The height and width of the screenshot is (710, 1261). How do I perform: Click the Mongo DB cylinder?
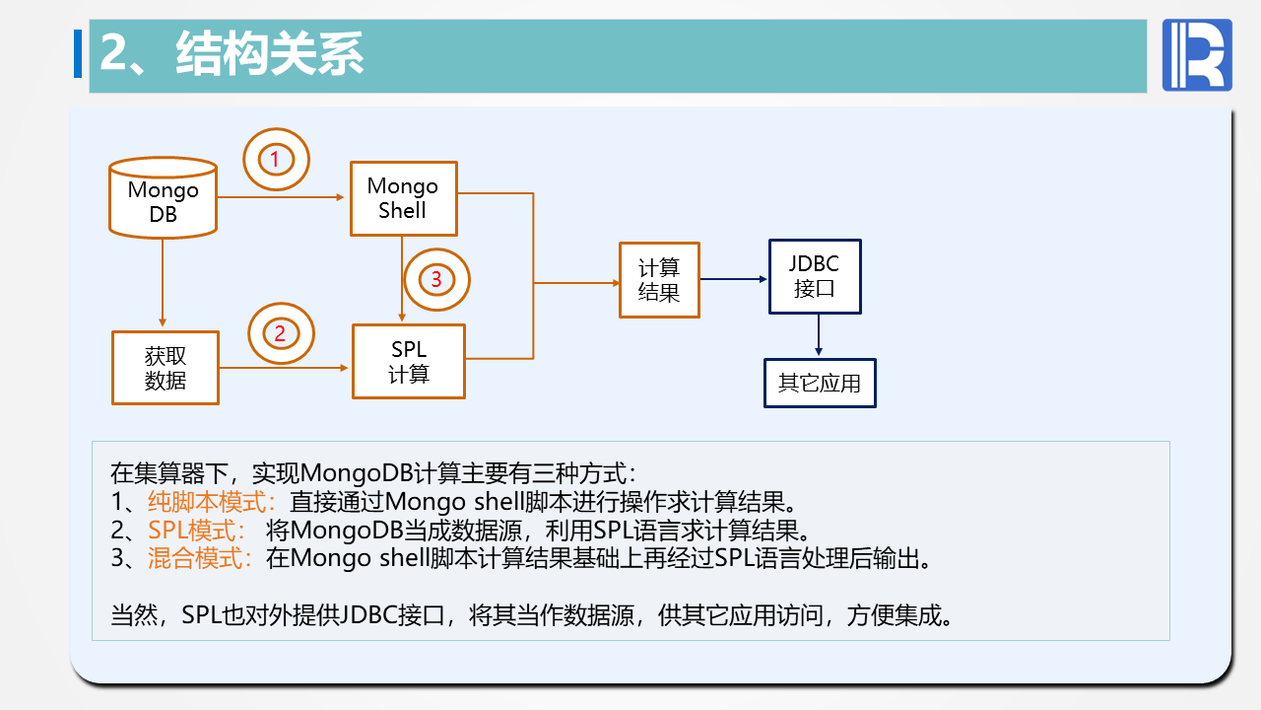163,199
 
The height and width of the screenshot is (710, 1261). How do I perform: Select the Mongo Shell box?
403,198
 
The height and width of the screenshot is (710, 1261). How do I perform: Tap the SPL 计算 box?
408,361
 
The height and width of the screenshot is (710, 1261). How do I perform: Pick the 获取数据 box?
165,367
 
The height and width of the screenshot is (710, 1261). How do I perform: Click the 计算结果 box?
659,280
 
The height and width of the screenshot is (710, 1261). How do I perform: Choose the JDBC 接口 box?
814,277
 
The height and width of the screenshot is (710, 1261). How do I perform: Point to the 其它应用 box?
820,384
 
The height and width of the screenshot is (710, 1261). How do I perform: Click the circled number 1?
276,158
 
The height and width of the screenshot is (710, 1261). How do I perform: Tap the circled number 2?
280,333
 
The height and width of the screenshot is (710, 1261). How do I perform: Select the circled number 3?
436,280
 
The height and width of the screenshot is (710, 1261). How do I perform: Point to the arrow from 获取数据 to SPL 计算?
285,368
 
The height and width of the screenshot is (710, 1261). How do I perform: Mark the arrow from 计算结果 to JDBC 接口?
734,279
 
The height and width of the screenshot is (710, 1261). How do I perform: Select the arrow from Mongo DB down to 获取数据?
163,282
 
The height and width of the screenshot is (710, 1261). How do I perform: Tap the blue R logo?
1197,55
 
